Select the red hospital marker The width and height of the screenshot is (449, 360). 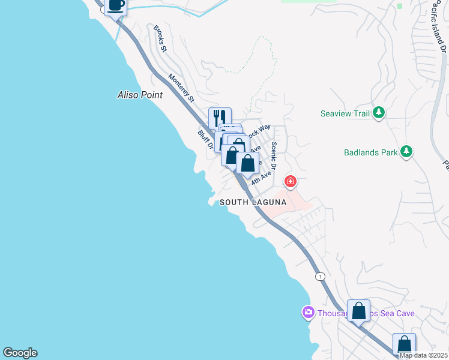point(291,181)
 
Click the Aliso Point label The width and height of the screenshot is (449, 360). point(140,95)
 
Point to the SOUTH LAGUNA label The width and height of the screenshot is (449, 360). point(253,203)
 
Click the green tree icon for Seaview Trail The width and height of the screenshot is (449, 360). point(378,112)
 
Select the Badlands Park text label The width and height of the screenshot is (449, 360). point(370,152)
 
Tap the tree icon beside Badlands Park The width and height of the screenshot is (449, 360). point(406,152)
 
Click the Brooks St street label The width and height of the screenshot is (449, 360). point(160,37)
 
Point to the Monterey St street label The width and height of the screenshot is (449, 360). point(182,87)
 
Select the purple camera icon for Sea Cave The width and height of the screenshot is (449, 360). point(308,313)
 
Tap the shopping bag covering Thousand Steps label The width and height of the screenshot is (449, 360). point(358,311)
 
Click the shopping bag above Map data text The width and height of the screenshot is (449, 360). point(404,344)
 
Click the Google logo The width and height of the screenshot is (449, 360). point(20,353)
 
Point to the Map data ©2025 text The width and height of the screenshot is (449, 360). point(423,355)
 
